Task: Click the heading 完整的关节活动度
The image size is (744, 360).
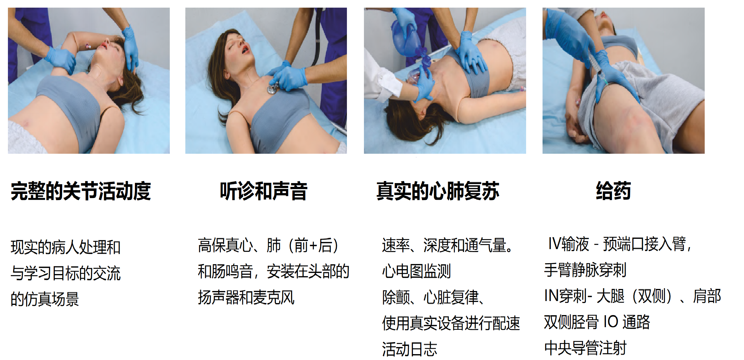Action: pos(81,191)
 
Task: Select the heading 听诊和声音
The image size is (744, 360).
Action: pos(264,191)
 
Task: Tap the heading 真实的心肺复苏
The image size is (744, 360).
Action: pos(438,191)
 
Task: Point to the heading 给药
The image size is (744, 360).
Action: pos(613,191)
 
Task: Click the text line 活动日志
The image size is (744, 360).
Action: pos(410,349)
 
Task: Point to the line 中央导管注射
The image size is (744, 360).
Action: pos(585,348)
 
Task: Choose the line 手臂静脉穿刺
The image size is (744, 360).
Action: pos(585,270)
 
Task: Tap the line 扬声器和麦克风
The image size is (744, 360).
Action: pos(246,298)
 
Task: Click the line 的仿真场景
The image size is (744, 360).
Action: pos(45,299)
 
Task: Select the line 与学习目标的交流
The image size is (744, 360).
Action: pos(66,273)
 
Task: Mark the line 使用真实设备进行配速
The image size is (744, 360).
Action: pos(451,323)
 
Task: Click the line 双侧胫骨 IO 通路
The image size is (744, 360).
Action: pos(597,322)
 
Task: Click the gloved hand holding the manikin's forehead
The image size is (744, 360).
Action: pos(131,48)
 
